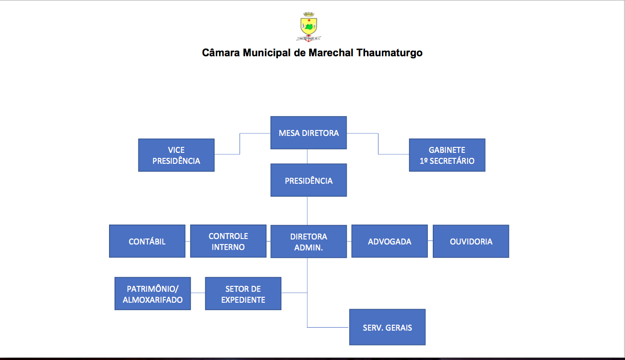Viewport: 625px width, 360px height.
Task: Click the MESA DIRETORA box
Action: click(x=308, y=133)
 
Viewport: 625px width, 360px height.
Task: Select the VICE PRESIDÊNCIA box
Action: click(x=176, y=155)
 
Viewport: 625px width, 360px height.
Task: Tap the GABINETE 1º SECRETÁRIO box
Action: click(x=447, y=155)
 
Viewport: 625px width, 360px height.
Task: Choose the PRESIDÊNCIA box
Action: click(x=308, y=180)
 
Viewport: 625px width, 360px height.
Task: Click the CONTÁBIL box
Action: click(x=147, y=241)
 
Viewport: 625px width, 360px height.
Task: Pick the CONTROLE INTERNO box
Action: click(x=228, y=241)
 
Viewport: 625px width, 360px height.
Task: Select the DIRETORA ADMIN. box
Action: click(x=308, y=242)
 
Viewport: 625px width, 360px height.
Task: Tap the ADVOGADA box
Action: click(x=389, y=241)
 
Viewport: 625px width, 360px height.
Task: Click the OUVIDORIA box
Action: click(x=471, y=241)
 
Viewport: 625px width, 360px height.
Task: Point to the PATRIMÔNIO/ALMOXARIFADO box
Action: click(x=152, y=294)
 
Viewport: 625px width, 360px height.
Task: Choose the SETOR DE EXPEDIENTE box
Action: click(x=243, y=294)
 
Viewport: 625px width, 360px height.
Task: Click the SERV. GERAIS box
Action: click(x=387, y=327)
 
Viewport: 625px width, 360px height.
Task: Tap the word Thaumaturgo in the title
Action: click(x=389, y=53)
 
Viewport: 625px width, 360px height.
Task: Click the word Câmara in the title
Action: click(x=221, y=53)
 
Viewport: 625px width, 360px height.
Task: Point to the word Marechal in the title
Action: click(x=331, y=53)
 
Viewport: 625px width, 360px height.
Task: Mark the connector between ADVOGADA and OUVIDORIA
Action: click(x=430, y=241)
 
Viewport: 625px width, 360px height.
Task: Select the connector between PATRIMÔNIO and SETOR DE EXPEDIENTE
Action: click(x=198, y=293)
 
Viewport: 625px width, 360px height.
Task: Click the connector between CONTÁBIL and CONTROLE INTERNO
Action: click(x=188, y=241)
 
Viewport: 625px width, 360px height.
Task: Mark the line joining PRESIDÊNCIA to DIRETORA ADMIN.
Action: click(x=307, y=211)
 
